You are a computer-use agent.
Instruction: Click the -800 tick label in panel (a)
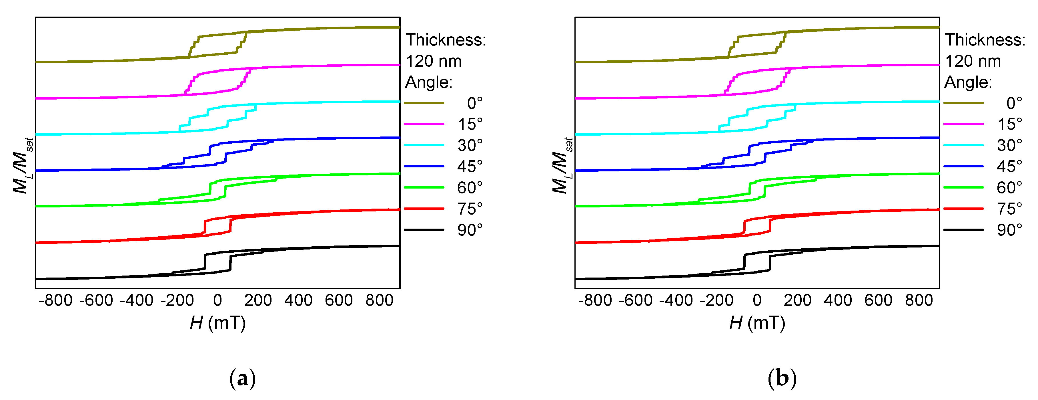(56, 300)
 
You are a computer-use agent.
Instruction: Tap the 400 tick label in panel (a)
(298, 300)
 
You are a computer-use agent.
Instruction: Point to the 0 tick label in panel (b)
(757, 300)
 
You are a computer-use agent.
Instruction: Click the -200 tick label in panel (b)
(716, 300)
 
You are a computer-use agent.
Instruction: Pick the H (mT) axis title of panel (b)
(757, 323)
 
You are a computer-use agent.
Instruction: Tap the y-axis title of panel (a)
(22, 166)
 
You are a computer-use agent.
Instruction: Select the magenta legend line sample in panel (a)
(424, 124)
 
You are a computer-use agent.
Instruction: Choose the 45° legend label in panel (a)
(470, 167)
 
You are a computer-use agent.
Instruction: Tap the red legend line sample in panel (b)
(963, 209)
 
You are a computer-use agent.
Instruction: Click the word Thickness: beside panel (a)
(446, 40)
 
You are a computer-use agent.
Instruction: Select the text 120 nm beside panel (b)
(973, 61)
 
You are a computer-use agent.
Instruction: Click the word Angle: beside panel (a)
(429, 82)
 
